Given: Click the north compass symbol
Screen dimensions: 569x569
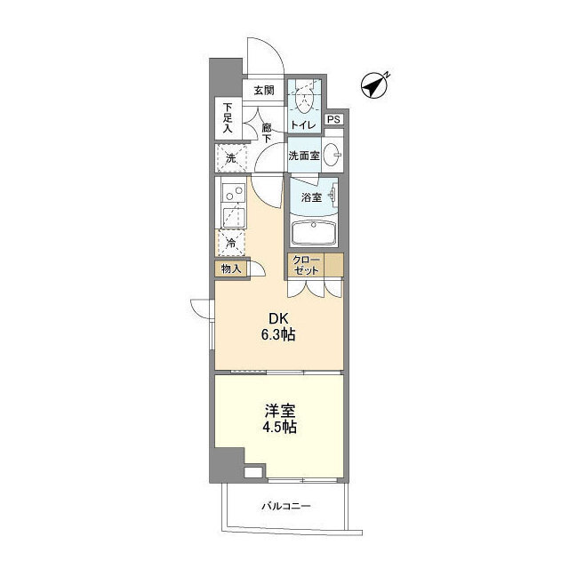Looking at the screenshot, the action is point(375,86).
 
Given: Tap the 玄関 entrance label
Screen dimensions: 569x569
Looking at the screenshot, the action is point(264,91).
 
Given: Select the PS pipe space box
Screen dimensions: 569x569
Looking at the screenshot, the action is point(334,119).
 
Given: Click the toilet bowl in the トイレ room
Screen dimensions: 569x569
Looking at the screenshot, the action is point(304,100).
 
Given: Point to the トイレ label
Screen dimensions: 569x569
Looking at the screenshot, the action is point(303,125).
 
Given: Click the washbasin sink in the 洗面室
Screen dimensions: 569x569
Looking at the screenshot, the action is point(332,155).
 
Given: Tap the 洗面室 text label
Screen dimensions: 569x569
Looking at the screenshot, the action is point(304,156).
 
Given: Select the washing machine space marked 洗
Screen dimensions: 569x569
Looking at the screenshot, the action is point(231,158).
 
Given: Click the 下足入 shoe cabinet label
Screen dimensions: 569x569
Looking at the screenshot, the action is point(228,118).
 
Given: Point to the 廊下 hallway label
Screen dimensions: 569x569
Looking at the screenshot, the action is point(267,132).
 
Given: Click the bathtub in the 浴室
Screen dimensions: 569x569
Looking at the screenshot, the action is point(314,233).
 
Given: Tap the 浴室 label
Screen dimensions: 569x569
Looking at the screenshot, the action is point(312,197).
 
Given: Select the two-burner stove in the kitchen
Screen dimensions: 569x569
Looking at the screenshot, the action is point(234,194).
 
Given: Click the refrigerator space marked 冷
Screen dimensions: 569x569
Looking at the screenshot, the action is point(231,243).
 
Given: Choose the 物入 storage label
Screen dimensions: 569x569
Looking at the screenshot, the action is point(231,268).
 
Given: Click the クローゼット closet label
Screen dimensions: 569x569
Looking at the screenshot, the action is point(306,265).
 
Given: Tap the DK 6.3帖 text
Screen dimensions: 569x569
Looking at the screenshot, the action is point(278,326).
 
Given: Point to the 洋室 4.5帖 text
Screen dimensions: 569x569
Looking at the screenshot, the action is point(279,419).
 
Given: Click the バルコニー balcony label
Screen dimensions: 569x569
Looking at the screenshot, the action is point(286,506).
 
